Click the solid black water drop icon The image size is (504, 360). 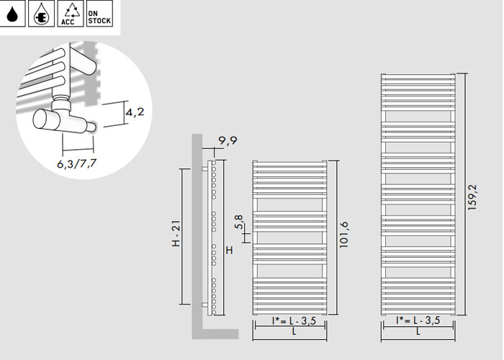[x=12, y=14]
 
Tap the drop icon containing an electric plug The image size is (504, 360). [x=41, y=14]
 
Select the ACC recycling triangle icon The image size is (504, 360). [x=70, y=14]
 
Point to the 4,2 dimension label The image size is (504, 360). [x=135, y=112]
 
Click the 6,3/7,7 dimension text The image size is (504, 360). [x=77, y=163]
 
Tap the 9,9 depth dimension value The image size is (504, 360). [x=228, y=140]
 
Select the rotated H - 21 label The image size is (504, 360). [x=176, y=233]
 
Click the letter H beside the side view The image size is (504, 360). [x=229, y=250]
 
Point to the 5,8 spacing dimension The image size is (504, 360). [x=239, y=222]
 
